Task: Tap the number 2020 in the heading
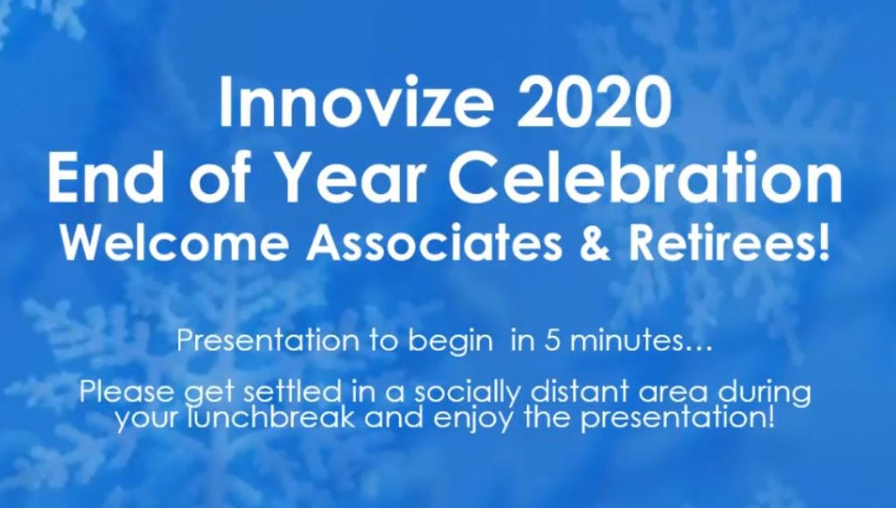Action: tap(594, 103)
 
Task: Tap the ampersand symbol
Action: tap(595, 241)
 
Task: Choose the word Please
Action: tap(129, 392)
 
